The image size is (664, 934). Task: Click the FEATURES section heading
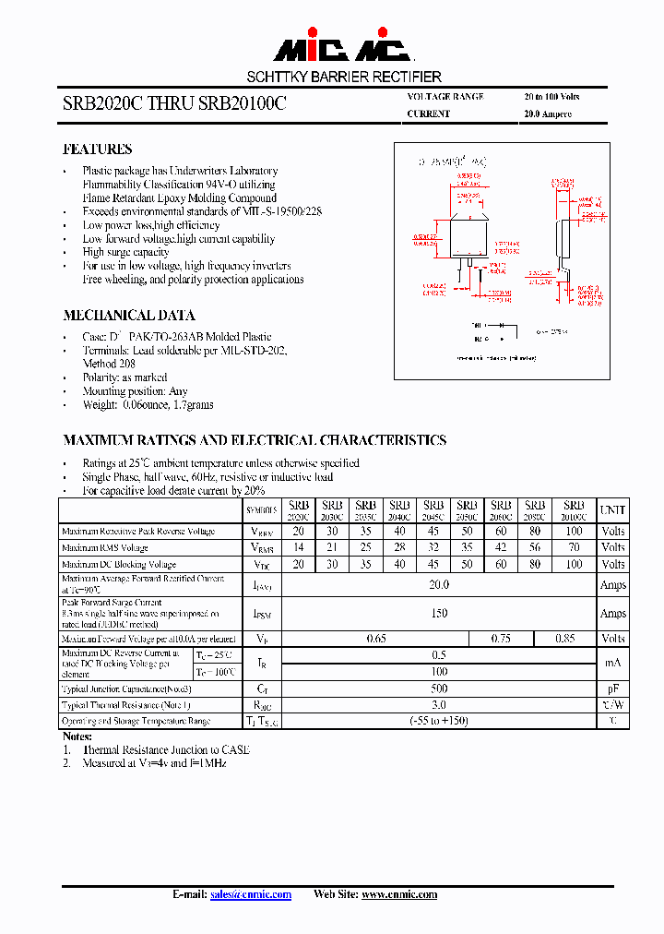point(97,150)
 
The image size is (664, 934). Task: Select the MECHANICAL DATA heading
point(128,315)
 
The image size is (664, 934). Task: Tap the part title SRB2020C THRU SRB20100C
point(174,105)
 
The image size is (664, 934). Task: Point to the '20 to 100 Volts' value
point(551,97)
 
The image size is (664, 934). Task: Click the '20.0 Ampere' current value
point(547,114)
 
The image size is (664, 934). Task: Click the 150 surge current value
point(439,614)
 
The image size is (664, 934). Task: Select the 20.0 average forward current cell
point(439,585)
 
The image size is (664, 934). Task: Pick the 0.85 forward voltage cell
point(565,639)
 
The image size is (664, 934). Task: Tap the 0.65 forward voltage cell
point(375,639)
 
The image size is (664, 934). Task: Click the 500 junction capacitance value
point(439,688)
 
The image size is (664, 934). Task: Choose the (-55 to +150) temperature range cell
point(439,721)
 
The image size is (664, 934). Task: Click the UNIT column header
point(612,510)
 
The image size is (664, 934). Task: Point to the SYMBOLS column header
point(261,510)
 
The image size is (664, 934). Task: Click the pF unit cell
point(612,688)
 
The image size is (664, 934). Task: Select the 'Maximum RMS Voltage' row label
point(104,548)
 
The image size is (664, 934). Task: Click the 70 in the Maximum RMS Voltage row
point(574,548)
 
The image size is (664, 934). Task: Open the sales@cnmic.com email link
point(251,894)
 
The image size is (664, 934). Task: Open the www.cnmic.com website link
point(398,894)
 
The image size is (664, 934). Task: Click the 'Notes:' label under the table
point(77,736)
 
